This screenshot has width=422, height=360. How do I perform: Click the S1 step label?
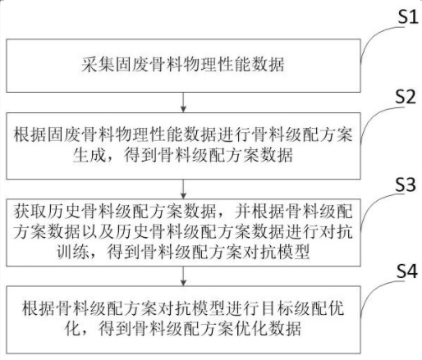pyautogui.click(x=408, y=16)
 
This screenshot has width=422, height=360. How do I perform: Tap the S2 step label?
pyautogui.click(x=406, y=96)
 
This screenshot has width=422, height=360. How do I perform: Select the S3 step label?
pyautogui.click(x=406, y=184)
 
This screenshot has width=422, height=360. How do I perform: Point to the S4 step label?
pyautogui.click(x=407, y=271)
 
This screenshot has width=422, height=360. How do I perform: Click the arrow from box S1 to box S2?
pyautogui.click(x=183, y=102)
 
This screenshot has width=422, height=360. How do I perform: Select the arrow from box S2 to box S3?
pyautogui.click(x=183, y=189)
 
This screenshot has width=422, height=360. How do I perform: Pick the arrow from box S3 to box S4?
pyautogui.click(x=183, y=276)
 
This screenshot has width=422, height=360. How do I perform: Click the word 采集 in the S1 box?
pyautogui.click(x=98, y=65)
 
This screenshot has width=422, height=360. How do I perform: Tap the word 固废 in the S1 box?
pyautogui.click(x=131, y=65)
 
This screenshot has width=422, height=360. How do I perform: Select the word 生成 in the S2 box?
pyautogui.click(x=89, y=155)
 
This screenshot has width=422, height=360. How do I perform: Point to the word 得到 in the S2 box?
pyautogui.click(x=140, y=155)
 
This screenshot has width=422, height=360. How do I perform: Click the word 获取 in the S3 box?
pyautogui.click(x=30, y=211)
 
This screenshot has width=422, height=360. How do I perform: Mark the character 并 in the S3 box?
pyautogui.click(x=243, y=211)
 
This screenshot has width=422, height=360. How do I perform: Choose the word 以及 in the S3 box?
pyautogui.click(x=99, y=232)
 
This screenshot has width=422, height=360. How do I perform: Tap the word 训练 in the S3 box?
pyautogui.click(x=73, y=252)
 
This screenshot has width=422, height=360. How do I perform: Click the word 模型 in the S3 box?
pyautogui.click(x=293, y=252)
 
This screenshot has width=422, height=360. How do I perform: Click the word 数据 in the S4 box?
pyautogui.click(x=285, y=328)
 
